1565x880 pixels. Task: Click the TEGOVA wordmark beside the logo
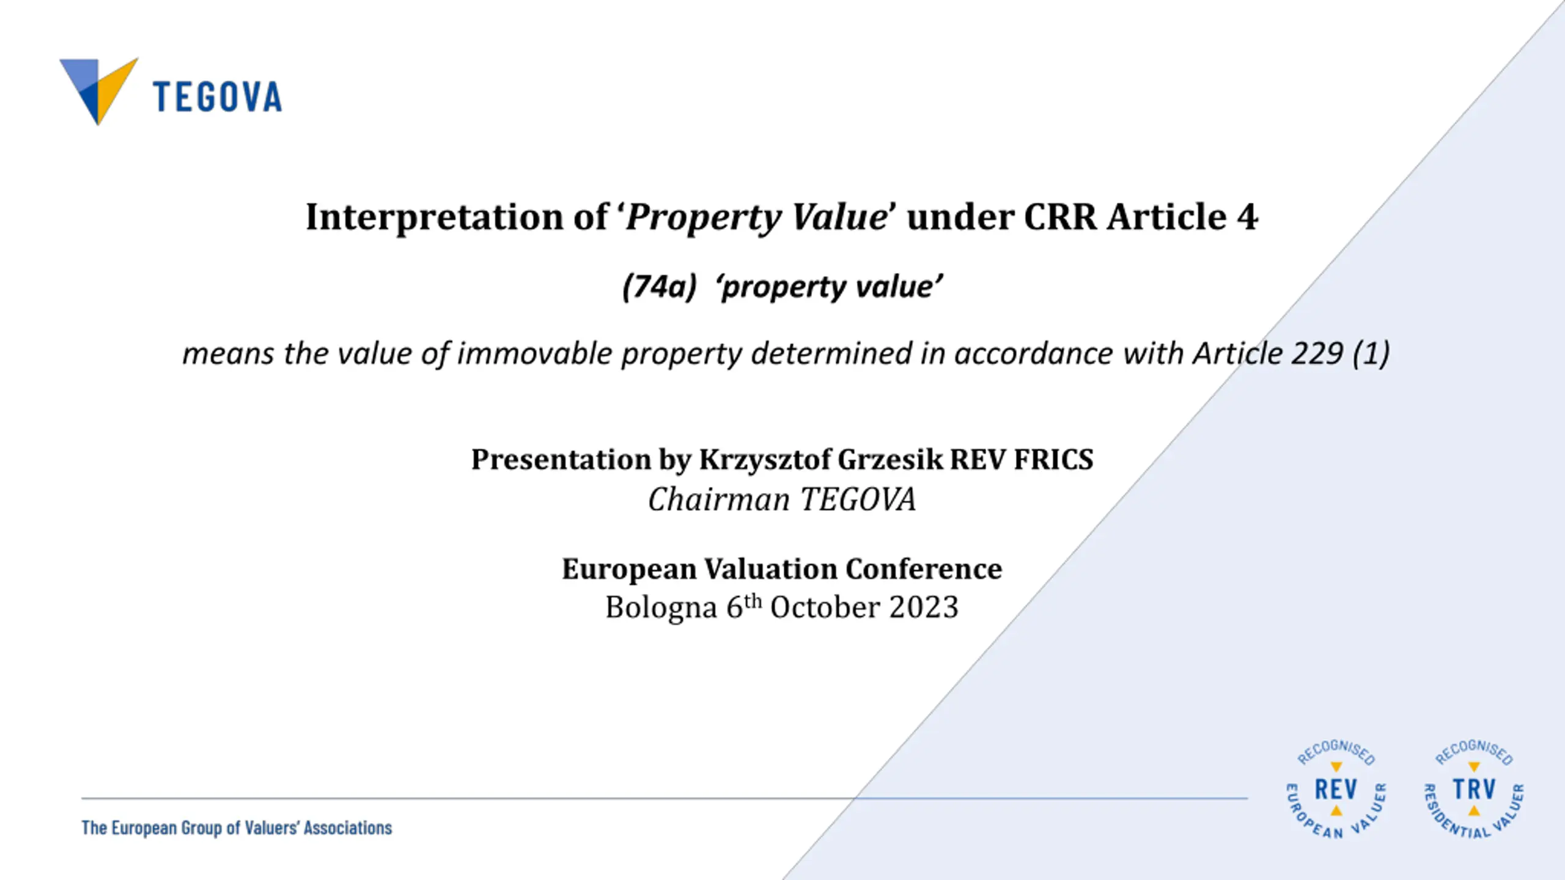(218, 97)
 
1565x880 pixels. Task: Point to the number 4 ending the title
(1247, 217)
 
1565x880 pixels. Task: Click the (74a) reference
(659, 287)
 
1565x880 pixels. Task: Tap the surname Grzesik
(890, 460)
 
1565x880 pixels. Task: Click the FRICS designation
(1053, 460)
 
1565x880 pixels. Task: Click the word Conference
(924, 569)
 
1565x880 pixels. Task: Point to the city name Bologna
(661, 608)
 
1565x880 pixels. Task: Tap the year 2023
(924, 607)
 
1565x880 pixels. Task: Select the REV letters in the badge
(1336, 790)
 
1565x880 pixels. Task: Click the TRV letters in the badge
(1474, 790)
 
